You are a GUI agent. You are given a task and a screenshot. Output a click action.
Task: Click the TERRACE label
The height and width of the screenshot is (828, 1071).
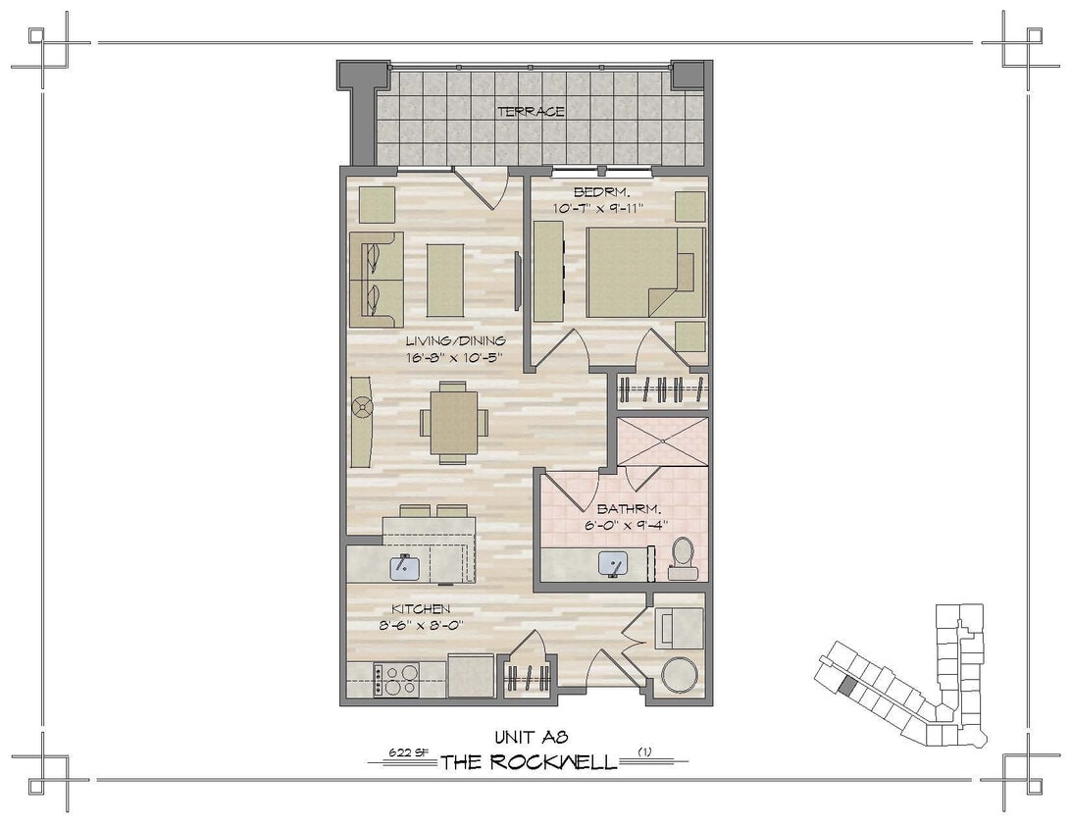tap(531, 111)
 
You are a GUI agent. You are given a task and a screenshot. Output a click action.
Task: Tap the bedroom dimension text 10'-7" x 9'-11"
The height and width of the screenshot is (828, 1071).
tap(612, 207)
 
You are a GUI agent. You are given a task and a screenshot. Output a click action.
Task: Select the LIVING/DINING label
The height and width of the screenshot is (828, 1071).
tap(455, 340)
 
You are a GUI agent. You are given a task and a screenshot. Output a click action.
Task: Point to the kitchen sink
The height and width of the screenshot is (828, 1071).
tap(405, 566)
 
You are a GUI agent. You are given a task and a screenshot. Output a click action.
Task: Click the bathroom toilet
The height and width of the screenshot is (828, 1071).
tap(682, 558)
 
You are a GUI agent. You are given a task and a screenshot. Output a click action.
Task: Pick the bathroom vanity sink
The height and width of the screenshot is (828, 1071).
tap(614, 563)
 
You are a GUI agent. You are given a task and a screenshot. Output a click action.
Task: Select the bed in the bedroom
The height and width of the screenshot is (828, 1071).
tap(644, 272)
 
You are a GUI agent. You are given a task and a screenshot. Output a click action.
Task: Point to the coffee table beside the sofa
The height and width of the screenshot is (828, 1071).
tap(445, 280)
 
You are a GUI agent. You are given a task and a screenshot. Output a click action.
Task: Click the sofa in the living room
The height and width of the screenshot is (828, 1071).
tap(375, 280)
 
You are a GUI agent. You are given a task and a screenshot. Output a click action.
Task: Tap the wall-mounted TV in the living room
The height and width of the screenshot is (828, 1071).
tap(518, 280)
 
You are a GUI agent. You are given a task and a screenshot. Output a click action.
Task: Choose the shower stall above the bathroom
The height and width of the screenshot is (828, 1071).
tap(662, 442)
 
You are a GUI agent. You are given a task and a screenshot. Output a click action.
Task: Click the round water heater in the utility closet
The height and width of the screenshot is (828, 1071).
tap(678, 675)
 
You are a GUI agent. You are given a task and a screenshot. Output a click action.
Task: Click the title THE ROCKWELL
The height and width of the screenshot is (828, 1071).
tap(528, 762)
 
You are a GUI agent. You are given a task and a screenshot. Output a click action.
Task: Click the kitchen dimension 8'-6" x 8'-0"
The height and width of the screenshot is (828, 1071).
tap(421, 624)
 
